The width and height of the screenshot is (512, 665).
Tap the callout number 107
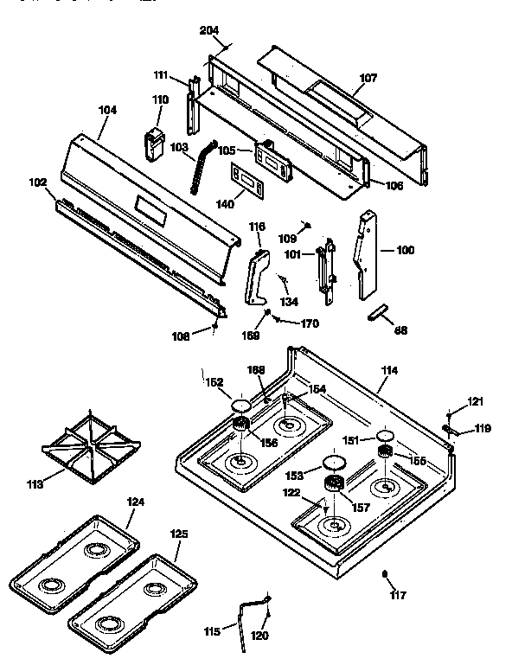click(x=368, y=78)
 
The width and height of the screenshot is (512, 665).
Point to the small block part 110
click(x=154, y=143)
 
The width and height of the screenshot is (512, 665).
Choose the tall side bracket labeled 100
click(x=367, y=255)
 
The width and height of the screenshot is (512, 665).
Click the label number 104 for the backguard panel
click(x=108, y=110)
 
